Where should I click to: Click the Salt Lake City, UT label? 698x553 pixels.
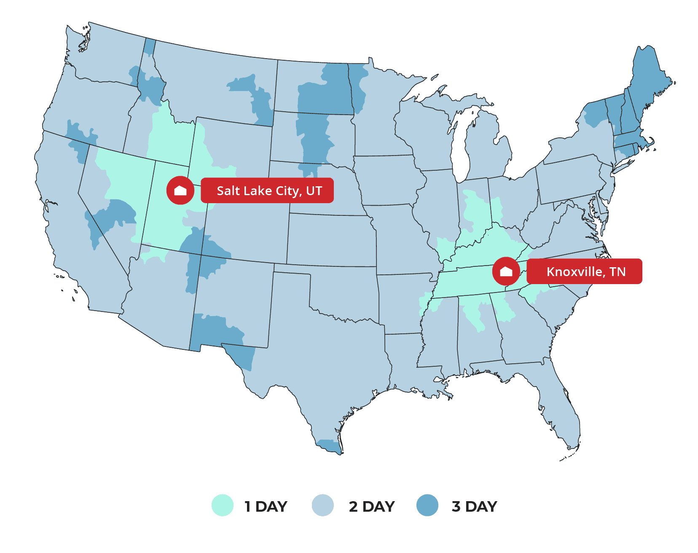(267, 191)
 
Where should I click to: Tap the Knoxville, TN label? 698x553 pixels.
(584, 271)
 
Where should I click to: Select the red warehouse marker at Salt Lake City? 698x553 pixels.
(180, 191)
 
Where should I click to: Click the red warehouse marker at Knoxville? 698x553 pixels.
(506, 271)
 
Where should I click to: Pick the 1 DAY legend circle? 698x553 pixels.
(223, 505)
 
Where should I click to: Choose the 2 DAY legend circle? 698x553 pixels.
(323, 505)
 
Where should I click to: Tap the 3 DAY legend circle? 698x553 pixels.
(427, 505)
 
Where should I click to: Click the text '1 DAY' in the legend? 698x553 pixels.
(266, 506)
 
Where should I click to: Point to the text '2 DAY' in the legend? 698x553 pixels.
(372, 506)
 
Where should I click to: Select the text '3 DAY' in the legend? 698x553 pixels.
(475, 506)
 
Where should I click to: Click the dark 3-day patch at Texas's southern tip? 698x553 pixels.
(330, 446)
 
